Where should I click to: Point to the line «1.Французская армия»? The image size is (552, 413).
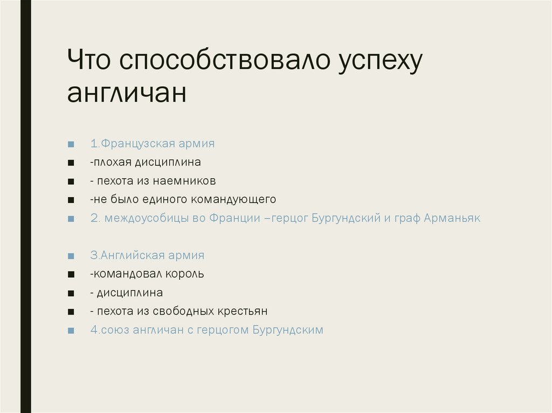click(x=153, y=144)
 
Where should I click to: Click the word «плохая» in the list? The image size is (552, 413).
click(x=109, y=162)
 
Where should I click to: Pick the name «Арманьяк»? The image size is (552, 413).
click(x=452, y=218)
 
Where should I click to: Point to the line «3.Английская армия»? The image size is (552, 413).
click(x=147, y=255)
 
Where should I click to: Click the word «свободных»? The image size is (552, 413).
click(x=183, y=311)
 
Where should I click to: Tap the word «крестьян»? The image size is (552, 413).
click(x=243, y=311)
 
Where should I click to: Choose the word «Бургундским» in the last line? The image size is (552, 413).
click(x=288, y=330)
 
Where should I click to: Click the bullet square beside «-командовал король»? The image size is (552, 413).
click(x=71, y=275)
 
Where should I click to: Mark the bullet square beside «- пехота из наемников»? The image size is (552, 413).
click(x=71, y=181)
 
